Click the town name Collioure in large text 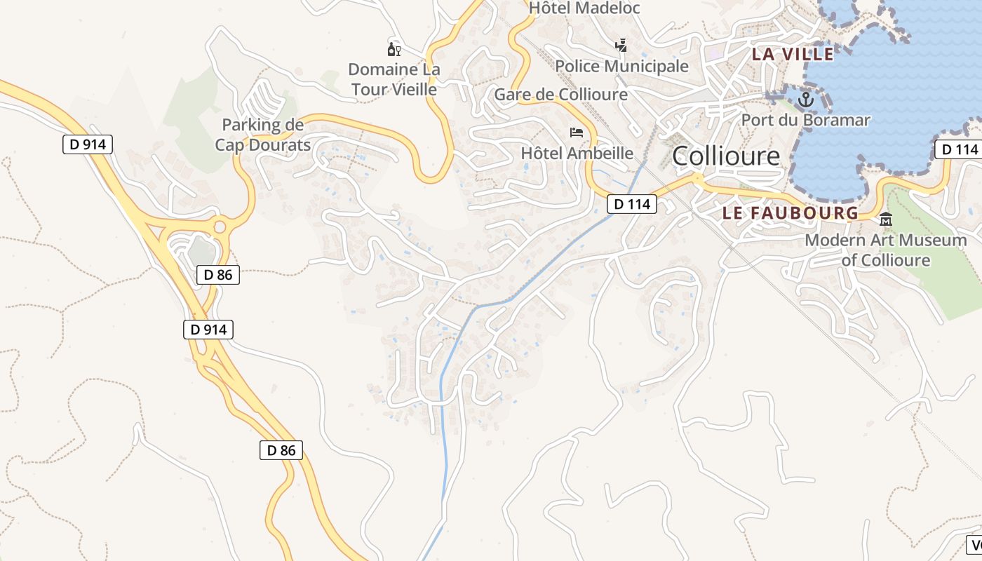click(726, 156)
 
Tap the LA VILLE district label click(793, 54)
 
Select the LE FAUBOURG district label click(791, 213)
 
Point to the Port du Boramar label click(806, 120)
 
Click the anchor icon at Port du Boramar click(805, 99)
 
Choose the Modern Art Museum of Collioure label click(886, 250)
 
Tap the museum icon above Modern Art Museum click(886, 219)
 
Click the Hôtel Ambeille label click(577, 153)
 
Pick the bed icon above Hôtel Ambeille click(577, 132)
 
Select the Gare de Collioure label click(561, 94)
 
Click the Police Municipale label click(621, 66)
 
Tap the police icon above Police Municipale click(621, 46)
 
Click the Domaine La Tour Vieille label click(394, 79)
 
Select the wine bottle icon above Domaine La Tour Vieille click(394, 49)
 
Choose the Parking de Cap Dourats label click(263, 135)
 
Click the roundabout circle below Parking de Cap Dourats click(220, 227)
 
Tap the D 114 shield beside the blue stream click(631, 204)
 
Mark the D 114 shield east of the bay click(957, 149)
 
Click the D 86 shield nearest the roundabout click(218, 275)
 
